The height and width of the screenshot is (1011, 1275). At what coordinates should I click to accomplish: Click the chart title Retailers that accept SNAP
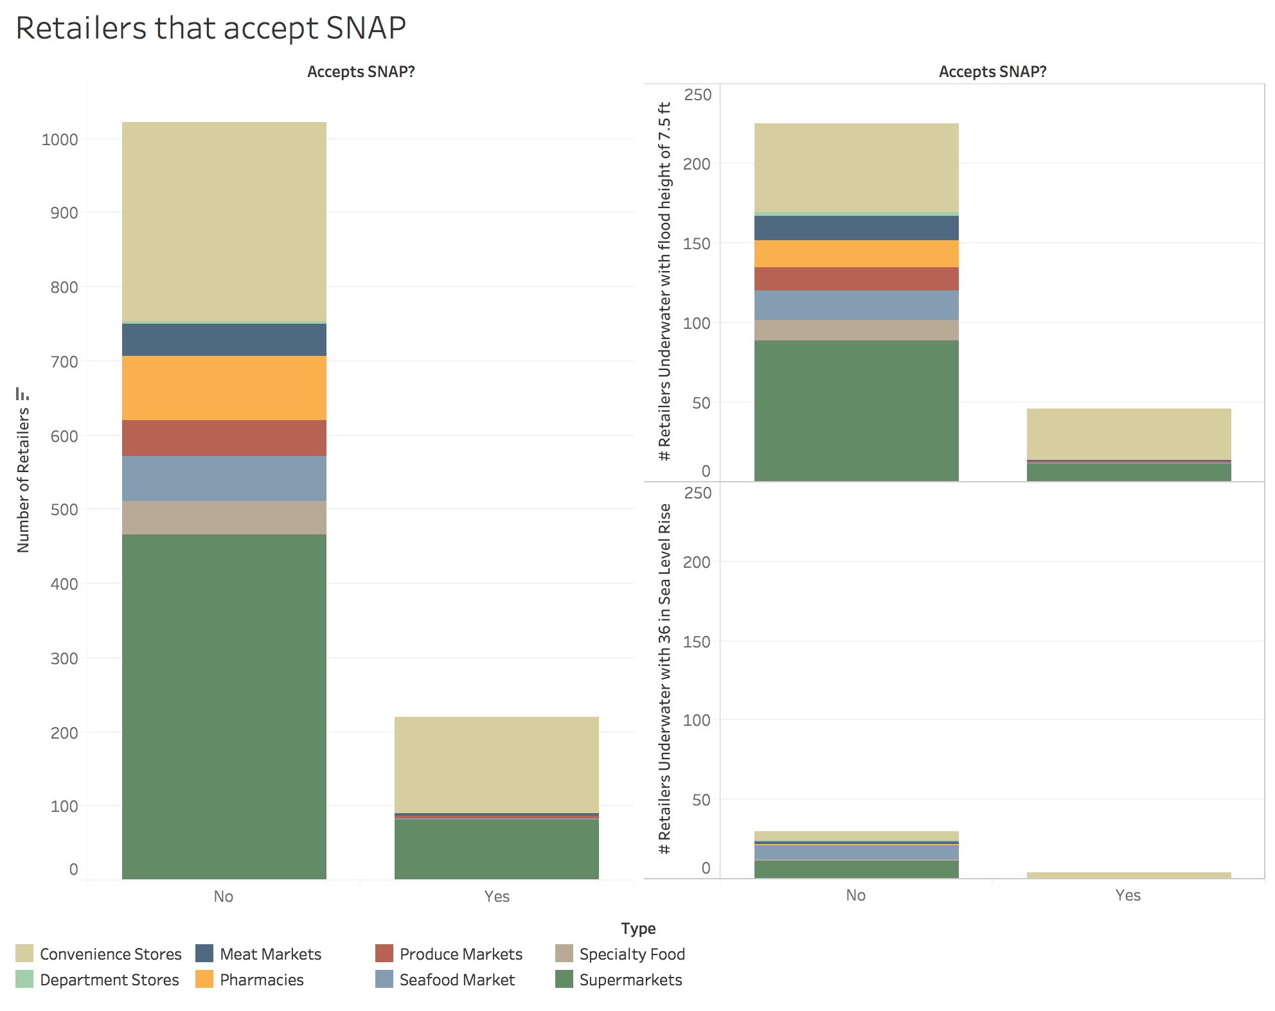(211, 28)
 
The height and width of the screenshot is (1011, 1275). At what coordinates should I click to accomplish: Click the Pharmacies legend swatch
(204, 980)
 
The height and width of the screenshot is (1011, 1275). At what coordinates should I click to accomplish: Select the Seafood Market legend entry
(456, 980)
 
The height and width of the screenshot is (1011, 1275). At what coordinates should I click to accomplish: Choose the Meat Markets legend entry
(270, 954)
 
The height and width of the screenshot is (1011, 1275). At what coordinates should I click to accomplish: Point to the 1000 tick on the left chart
(59, 140)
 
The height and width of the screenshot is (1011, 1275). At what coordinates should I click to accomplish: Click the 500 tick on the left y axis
(64, 510)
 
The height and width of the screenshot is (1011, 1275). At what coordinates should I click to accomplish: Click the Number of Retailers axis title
(23, 480)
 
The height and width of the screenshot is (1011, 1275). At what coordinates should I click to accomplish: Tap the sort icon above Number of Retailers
(22, 394)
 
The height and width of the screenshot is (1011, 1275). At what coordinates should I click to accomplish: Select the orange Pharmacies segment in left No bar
(224, 388)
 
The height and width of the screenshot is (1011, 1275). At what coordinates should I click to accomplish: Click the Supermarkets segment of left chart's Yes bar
(496, 849)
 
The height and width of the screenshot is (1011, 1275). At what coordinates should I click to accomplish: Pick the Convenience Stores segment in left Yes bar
(496, 764)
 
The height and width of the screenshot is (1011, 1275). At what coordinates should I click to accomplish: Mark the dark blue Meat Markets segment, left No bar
(224, 340)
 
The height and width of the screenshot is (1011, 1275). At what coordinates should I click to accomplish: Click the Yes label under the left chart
(497, 897)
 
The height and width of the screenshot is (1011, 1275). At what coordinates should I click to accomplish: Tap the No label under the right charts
(855, 895)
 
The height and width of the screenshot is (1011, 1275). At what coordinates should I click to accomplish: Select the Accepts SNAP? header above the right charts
(992, 72)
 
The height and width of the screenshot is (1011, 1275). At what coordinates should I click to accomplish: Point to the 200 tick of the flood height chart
(697, 164)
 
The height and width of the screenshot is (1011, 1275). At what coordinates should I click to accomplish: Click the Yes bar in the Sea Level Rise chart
(1128, 875)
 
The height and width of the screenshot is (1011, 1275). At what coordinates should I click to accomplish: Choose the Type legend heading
(638, 929)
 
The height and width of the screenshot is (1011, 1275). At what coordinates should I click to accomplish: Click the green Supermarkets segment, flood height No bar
(856, 410)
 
